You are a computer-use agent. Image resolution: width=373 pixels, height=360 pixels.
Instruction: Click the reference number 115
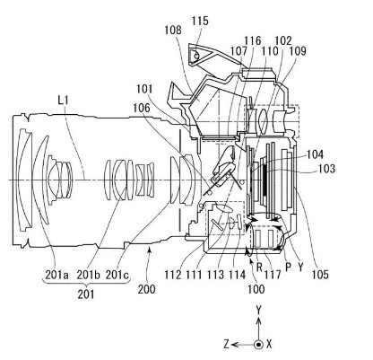[200, 21]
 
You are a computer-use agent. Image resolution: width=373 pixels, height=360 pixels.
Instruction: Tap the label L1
[63, 100]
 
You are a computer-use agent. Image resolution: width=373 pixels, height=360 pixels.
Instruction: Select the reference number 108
[173, 30]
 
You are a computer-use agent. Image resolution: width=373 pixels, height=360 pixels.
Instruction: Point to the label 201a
[56, 274]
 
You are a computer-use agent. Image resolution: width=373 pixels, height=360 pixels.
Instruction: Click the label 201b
[88, 274]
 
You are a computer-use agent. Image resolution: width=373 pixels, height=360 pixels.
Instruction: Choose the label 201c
[117, 274]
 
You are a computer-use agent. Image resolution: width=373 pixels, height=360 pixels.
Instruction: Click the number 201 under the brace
[86, 294]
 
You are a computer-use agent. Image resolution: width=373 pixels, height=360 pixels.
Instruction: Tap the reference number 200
[146, 289]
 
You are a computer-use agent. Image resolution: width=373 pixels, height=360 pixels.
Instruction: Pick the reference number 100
[256, 289]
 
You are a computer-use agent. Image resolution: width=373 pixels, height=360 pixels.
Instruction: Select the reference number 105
[320, 274]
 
